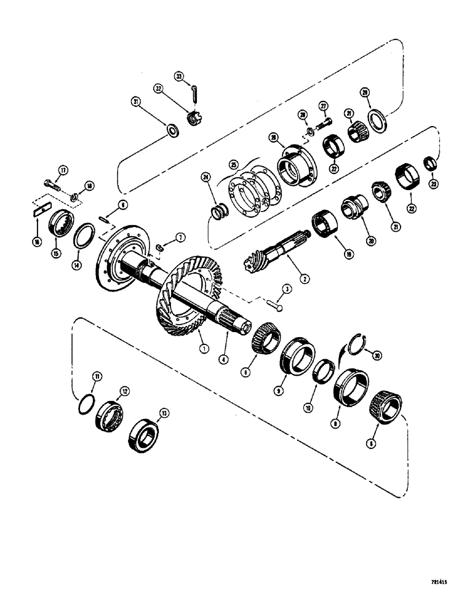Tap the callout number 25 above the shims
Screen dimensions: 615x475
pos(233,164)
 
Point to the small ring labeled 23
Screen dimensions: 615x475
pos(431,163)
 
